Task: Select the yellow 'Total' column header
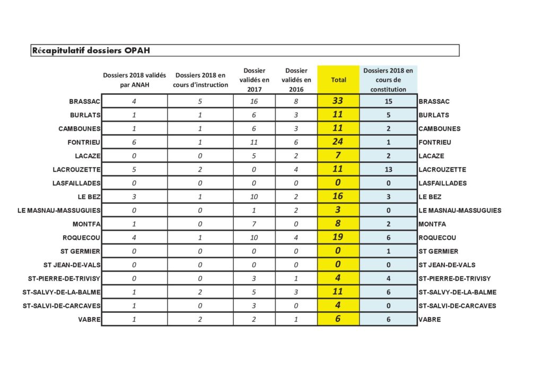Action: [338, 80]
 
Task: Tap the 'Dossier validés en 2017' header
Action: [254, 80]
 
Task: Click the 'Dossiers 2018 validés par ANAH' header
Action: [134, 80]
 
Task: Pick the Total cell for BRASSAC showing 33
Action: [338, 101]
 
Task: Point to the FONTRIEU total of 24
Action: [338, 142]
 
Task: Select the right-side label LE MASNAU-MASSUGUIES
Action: [460, 211]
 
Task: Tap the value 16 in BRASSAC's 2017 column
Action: [254, 101]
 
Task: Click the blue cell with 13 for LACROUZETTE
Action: [388, 170]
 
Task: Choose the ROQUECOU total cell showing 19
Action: [338, 238]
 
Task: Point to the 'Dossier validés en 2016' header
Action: [296, 80]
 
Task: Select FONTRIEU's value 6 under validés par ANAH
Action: [134, 142]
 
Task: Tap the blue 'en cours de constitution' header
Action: [388, 80]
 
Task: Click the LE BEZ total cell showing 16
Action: [338, 197]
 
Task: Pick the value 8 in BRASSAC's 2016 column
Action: [296, 101]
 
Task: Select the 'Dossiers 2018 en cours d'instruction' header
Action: [200, 80]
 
